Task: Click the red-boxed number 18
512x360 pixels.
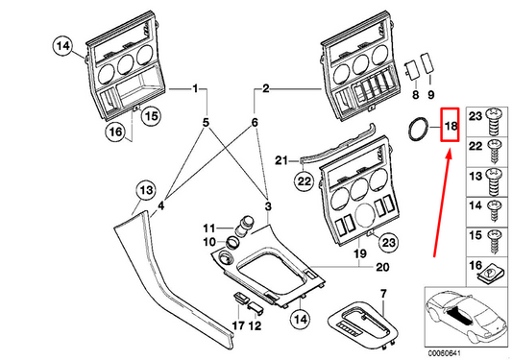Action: tap(451, 126)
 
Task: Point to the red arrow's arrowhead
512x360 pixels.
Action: tap(449, 155)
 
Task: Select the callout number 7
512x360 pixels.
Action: tap(383, 294)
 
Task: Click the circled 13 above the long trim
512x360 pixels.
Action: tap(146, 190)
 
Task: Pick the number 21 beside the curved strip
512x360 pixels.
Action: tap(281, 160)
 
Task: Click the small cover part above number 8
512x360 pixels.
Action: tap(412, 70)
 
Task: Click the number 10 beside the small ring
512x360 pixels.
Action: tap(209, 242)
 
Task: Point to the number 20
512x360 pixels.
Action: tap(382, 267)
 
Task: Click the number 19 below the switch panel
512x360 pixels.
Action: tap(360, 253)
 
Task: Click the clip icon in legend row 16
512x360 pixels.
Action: tap(489, 274)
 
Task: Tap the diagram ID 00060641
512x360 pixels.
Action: tap(444, 353)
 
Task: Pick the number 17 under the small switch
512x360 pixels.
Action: tap(238, 325)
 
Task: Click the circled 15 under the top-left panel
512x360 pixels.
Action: tap(151, 116)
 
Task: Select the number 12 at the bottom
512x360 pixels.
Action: tap(255, 325)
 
